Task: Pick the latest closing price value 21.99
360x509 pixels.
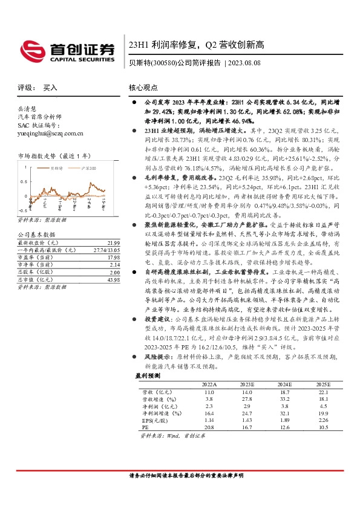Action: (x=113, y=225)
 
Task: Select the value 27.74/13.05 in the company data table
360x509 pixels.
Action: (x=106, y=232)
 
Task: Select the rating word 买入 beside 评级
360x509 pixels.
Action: (x=51, y=88)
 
